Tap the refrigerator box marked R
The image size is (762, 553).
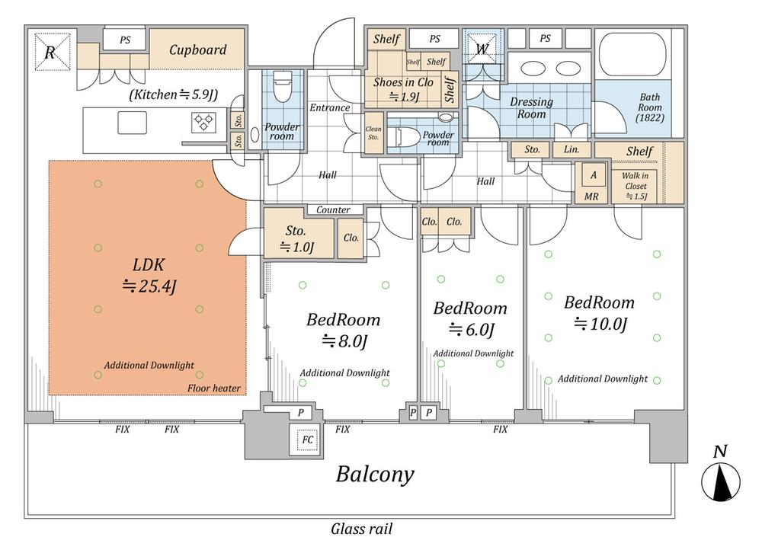tap(52, 51)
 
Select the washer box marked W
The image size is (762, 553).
tap(482, 50)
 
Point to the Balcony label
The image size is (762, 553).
tap(376, 475)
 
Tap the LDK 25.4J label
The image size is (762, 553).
tap(150, 276)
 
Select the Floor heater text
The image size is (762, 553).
tap(214, 388)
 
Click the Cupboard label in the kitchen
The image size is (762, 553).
tap(197, 50)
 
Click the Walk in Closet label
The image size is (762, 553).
tap(636, 186)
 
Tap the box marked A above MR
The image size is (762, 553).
tap(592, 175)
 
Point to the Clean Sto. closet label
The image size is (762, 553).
tap(373, 133)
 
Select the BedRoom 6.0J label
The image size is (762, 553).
tap(469, 318)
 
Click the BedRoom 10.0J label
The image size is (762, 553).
tap(600, 312)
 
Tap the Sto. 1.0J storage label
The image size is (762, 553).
tap(296, 238)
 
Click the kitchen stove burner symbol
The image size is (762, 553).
tap(204, 120)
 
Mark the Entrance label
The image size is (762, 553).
tap(329, 107)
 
